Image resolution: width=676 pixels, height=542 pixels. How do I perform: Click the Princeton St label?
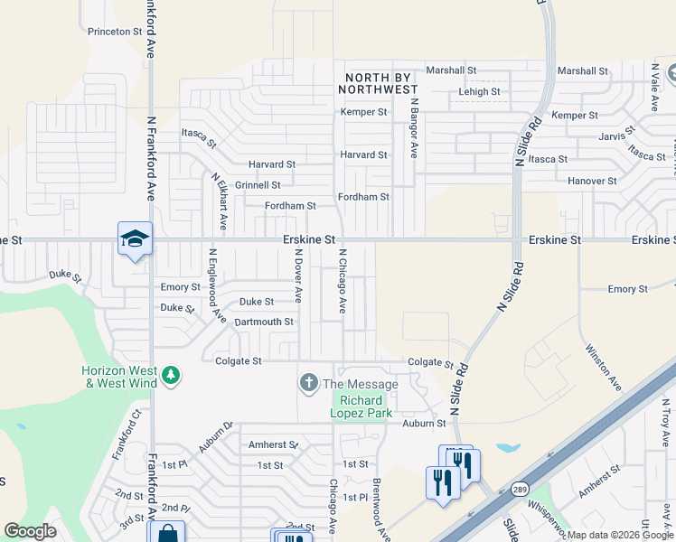click(x=116, y=31)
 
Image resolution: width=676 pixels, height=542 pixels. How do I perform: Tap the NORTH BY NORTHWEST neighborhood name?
click(x=378, y=83)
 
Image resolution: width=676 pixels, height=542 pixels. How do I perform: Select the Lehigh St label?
click(x=479, y=91)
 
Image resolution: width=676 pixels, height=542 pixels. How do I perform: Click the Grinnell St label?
click(x=258, y=184)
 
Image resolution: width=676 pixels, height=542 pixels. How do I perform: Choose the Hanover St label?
click(x=592, y=181)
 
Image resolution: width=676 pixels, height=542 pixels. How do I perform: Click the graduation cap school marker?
click(x=135, y=238)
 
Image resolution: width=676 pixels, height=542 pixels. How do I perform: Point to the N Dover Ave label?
click(x=296, y=276)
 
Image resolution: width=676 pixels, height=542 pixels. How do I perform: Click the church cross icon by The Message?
click(x=309, y=384)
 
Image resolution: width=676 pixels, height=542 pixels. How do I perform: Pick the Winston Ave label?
click(x=603, y=367)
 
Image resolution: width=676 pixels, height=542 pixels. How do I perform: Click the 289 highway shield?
click(x=521, y=489)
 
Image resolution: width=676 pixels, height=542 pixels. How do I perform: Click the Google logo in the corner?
click(x=30, y=531)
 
